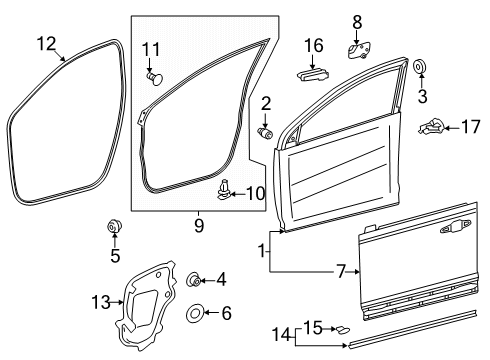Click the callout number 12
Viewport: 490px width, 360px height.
click(x=46, y=44)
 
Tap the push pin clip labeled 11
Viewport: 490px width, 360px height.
click(x=155, y=78)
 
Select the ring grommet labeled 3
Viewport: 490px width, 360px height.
click(x=420, y=67)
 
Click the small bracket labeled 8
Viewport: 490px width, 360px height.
click(x=359, y=50)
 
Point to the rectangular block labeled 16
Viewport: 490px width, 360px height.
click(x=312, y=74)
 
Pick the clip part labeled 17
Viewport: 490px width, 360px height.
click(x=431, y=127)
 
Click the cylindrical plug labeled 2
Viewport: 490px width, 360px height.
click(x=265, y=133)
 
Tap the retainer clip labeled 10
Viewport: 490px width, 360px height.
click(x=224, y=190)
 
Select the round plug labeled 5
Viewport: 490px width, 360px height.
click(x=114, y=226)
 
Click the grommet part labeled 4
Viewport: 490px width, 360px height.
click(x=193, y=279)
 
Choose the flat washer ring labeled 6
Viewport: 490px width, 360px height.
click(x=195, y=313)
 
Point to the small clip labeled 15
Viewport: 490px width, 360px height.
click(x=342, y=330)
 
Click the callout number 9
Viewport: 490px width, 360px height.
click(x=199, y=226)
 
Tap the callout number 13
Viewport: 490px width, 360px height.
click(x=101, y=302)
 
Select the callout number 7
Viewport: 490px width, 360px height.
click(x=341, y=272)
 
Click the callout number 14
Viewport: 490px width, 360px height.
click(x=282, y=334)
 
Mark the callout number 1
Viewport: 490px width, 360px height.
click(x=262, y=250)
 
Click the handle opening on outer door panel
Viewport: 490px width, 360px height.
click(x=456, y=226)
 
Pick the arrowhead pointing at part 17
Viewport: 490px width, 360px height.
click(x=447, y=128)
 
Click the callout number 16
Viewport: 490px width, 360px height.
click(x=314, y=45)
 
